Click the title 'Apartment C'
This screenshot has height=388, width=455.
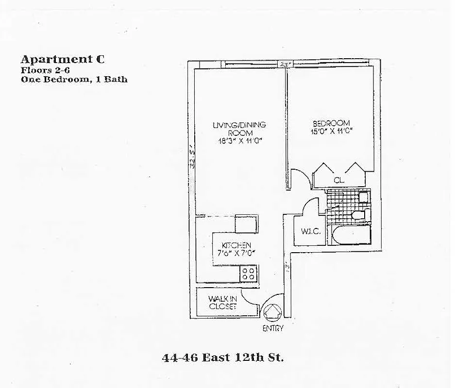[x=62, y=60]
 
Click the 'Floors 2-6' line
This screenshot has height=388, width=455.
[x=45, y=70]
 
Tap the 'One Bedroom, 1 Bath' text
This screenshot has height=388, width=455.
[x=74, y=79]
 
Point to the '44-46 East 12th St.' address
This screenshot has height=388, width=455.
[x=222, y=358]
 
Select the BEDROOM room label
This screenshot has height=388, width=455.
[x=331, y=123]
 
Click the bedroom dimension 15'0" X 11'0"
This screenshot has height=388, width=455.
[x=331, y=130]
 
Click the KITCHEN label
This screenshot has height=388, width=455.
[x=236, y=245]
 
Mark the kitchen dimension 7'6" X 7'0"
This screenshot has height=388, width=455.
[x=236, y=253]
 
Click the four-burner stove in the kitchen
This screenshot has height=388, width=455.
[x=249, y=274]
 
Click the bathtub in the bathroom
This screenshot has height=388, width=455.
[x=351, y=235]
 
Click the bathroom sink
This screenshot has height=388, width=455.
[x=362, y=197]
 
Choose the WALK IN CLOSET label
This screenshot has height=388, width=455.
[x=222, y=303]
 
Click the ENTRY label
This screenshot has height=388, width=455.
[x=272, y=328]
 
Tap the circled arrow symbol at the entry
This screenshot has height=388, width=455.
[x=272, y=311]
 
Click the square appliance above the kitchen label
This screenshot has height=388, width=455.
[x=246, y=224]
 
